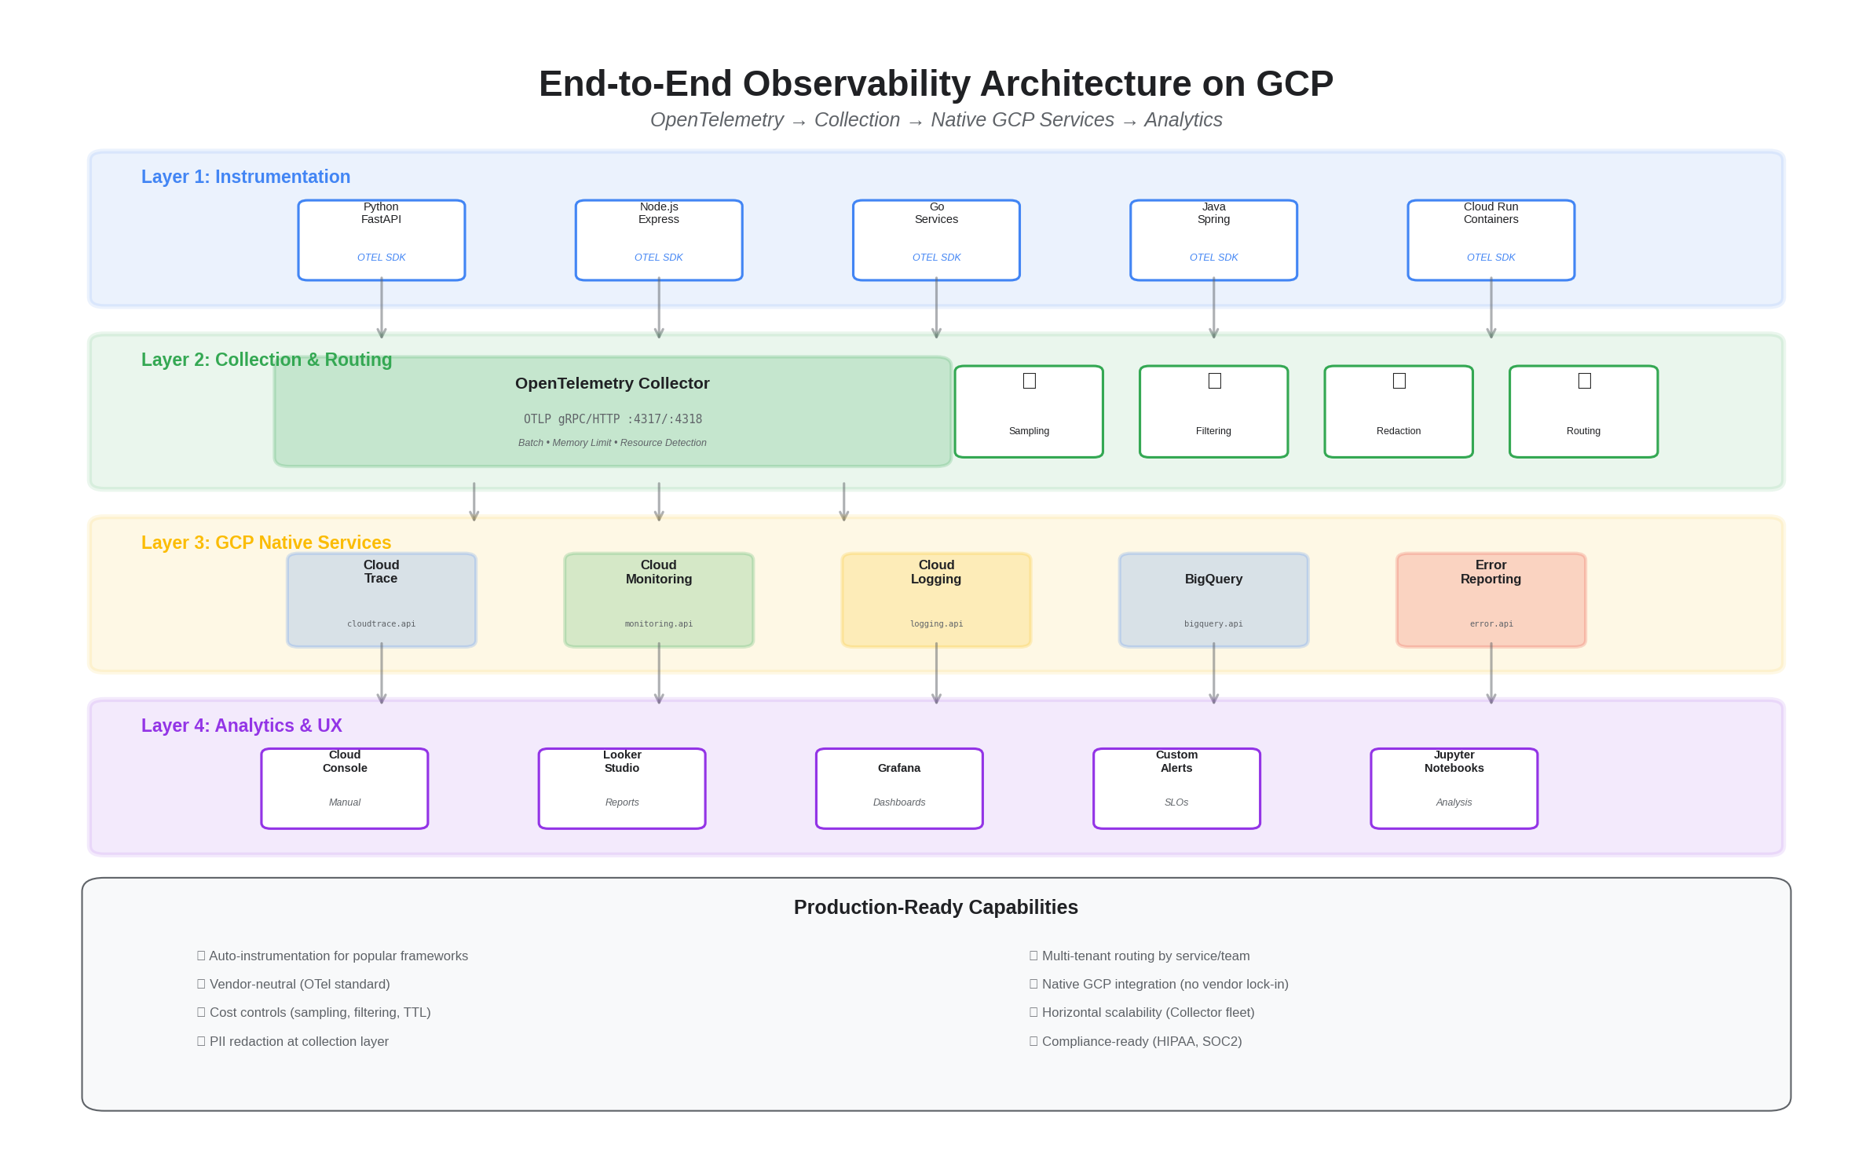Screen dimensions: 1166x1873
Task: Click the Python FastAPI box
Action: point(381,239)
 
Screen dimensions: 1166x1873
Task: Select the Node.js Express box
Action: point(658,239)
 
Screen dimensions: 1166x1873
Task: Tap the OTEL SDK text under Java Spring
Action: point(1213,258)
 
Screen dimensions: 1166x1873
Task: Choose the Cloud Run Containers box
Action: point(1491,239)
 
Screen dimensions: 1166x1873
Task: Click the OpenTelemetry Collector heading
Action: point(612,383)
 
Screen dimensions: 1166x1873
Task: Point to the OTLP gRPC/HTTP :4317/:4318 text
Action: point(613,419)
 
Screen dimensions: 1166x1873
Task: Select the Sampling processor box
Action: point(1028,411)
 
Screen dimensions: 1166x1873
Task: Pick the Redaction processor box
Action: point(1398,411)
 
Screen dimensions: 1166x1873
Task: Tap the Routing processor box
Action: point(1583,411)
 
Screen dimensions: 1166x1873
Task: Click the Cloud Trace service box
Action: point(381,600)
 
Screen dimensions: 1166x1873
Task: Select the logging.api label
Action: point(936,624)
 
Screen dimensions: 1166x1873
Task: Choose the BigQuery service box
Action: point(1213,600)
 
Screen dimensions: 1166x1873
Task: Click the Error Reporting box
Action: point(1491,600)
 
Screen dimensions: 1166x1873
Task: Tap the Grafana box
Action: point(899,788)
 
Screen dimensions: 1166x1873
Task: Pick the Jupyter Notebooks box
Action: point(1454,788)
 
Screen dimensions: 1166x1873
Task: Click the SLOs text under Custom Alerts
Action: point(1176,802)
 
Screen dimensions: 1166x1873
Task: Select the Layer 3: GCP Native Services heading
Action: point(265,543)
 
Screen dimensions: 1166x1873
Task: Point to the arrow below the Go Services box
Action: point(936,308)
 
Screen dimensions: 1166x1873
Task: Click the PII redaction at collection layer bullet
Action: point(298,1041)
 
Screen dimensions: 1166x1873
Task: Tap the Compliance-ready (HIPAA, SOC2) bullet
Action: point(1141,1041)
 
